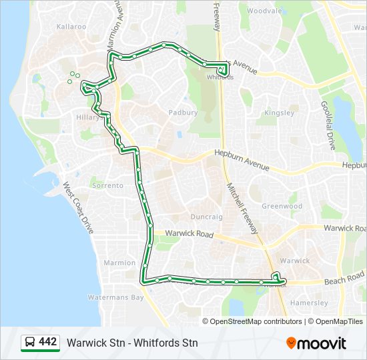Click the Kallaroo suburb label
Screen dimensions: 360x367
click(x=71, y=27)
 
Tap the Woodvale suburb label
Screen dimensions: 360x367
click(x=266, y=11)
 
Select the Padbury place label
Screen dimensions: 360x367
click(x=183, y=113)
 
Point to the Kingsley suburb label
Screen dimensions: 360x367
click(x=279, y=113)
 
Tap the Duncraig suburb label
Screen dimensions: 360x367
click(x=206, y=217)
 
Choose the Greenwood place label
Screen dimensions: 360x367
click(x=282, y=206)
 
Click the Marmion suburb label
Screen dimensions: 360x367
click(x=120, y=263)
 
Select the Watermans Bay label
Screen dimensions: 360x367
click(x=116, y=297)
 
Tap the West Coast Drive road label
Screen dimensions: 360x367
click(x=78, y=207)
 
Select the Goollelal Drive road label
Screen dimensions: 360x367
click(x=327, y=120)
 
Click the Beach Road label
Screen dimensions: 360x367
click(x=346, y=276)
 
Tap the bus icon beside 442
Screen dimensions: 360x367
click(x=29, y=343)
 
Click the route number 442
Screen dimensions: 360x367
click(x=47, y=342)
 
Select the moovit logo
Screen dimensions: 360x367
click(x=316, y=343)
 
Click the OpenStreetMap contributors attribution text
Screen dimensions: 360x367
click(x=256, y=321)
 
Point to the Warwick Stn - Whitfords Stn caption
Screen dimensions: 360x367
click(x=132, y=343)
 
